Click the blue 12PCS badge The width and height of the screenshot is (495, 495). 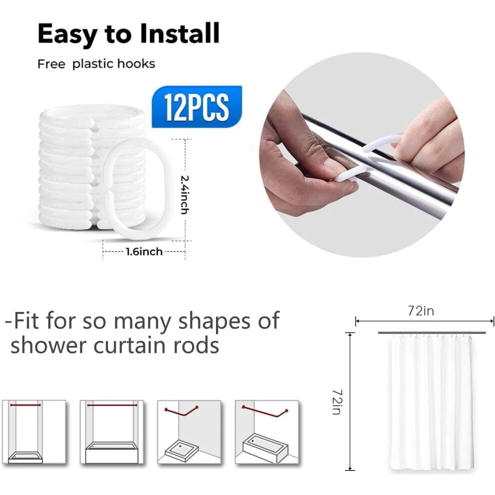(196, 106)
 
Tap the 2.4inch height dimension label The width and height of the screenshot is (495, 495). (185, 194)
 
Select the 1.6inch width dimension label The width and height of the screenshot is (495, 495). (144, 251)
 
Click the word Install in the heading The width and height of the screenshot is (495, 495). (179, 33)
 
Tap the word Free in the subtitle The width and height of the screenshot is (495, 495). (51, 64)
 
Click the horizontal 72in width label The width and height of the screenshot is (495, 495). (421, 311)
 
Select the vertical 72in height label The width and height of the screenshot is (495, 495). (337, 402)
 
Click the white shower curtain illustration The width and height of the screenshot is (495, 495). (431, 404)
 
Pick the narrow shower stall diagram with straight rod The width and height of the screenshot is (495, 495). (34, 432)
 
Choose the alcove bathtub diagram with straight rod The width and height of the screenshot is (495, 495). (112, 432)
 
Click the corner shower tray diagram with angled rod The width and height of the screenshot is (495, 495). (189, 432)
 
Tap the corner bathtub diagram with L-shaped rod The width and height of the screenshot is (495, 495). (267, 432)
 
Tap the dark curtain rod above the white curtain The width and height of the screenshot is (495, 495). (431, 332)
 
